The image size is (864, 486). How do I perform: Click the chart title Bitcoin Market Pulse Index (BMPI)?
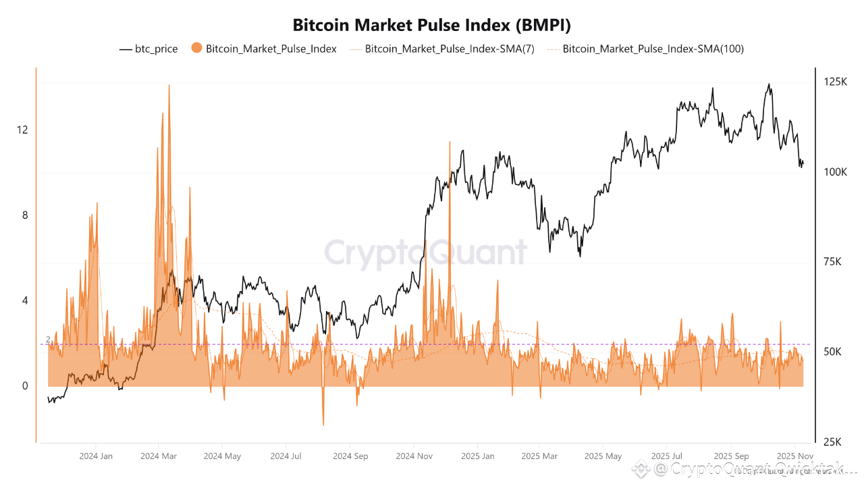point(432,26)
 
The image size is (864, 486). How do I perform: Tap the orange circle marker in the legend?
point(197,49)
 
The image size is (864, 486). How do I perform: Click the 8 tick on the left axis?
point(25,215)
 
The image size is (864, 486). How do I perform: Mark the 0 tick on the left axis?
point(25,386)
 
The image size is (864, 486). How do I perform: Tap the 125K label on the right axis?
point(835,82)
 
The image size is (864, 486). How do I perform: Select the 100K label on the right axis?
point(835,172)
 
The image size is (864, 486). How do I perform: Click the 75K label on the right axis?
point(835,262)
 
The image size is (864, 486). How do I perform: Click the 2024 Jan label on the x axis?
point(96,456)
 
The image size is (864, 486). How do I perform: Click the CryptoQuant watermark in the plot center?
point(425,252)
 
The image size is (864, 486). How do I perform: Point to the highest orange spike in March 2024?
point(169,86)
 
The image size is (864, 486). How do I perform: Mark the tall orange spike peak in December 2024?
point(449,142)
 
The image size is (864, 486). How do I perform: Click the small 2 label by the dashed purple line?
point(49,339)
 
